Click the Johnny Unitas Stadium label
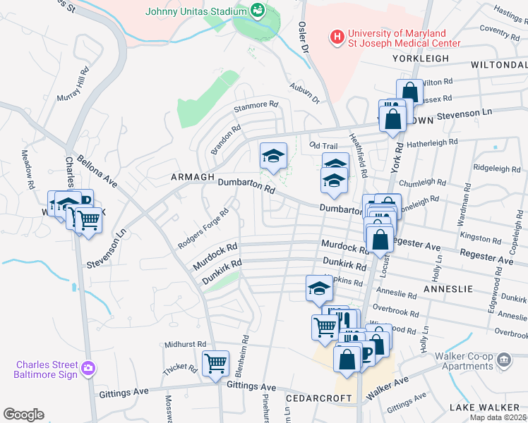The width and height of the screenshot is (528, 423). tap(196, 11)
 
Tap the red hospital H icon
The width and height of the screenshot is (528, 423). tap(338, 35)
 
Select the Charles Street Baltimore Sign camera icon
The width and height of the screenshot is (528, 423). tap(88, 368)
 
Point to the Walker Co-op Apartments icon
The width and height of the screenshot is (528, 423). tap(504, 360)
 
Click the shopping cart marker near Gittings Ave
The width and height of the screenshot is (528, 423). tap(215, 364)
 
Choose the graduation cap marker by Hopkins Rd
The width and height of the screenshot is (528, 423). tap(319, 288)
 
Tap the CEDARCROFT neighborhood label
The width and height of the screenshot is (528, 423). tap(318, 398)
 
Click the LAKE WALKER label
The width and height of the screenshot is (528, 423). tap(487, 408)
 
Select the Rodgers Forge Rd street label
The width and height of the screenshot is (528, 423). tap(204, 229)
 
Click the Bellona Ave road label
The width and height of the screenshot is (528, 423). tap(98, 173)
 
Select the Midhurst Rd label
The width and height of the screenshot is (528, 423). tap(185, 344)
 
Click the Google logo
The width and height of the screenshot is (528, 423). tap(24, 415)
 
